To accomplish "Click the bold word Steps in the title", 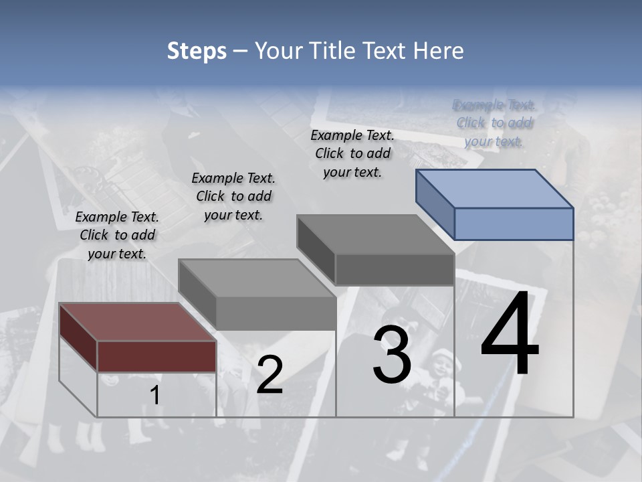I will [x=197, y=51].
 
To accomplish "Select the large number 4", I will [x=510, y=335].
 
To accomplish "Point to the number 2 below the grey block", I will [x=270, y=375].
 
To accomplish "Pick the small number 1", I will [x=154, y=396].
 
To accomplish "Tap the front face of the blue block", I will [x=514, y=224].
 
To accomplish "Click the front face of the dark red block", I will [x=156, y=356].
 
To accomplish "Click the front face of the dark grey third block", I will [x=395, y=270].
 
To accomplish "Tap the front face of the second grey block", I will [x=276, y=313].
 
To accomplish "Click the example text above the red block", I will [x=117, y=235].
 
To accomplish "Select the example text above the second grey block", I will [x=233, y=196].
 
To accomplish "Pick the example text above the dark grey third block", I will [x=352, y=153].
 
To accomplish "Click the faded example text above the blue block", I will [x=494, y=123].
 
